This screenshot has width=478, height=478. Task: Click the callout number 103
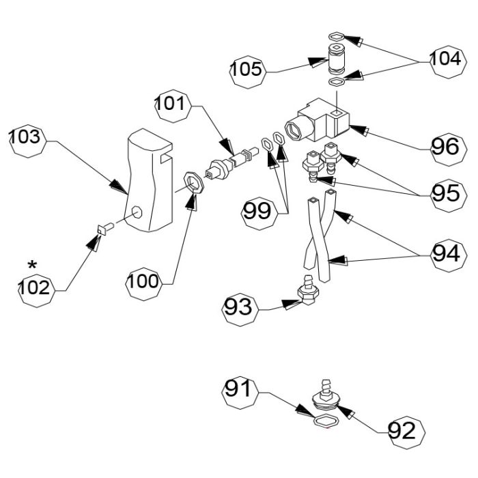[x=28, y=141]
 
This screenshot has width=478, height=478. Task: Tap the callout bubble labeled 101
[x=173, y=106]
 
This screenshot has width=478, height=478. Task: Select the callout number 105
[x=248, y=72]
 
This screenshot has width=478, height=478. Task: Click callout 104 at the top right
[x=448, y=62]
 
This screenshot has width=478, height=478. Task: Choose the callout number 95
[x=449, y=195]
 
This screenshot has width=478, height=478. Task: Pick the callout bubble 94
[x=449, y=255]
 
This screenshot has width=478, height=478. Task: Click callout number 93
[x=240, y=310]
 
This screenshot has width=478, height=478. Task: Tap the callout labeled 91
[x=240, y=393]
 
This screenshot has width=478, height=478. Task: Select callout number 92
[x=406, y=432]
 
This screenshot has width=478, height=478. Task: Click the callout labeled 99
[x=259, y=213]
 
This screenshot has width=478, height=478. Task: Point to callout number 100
[x=144, y=284]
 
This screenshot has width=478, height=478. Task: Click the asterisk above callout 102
[x=32, y=265]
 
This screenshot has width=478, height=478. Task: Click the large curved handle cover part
[x=150, y=180]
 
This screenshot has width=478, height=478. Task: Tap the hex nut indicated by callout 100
[x=193, y=182]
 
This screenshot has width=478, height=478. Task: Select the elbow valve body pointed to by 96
[x=318, y=120]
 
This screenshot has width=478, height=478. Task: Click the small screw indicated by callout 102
[x=105, y=229]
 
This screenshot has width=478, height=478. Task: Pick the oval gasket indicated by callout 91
[x=326, y=421]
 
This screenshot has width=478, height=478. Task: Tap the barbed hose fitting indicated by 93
[x=308, y=290]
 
